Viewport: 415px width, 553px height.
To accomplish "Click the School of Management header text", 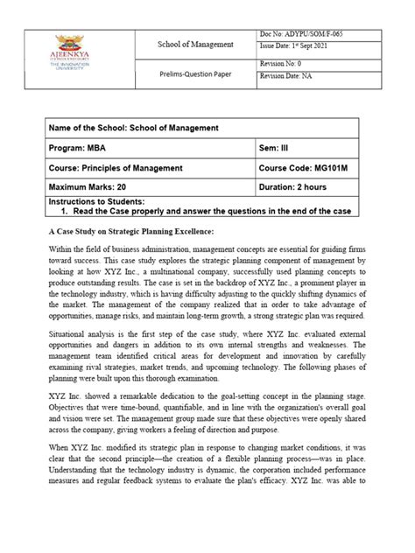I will [195, 44].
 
